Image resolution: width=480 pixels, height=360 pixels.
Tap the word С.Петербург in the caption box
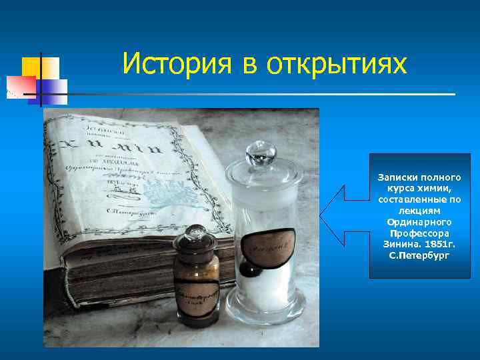419,255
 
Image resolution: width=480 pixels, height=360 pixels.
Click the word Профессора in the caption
419,233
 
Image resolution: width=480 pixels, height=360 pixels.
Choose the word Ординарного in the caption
419,222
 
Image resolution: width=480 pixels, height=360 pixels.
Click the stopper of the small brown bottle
195,235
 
